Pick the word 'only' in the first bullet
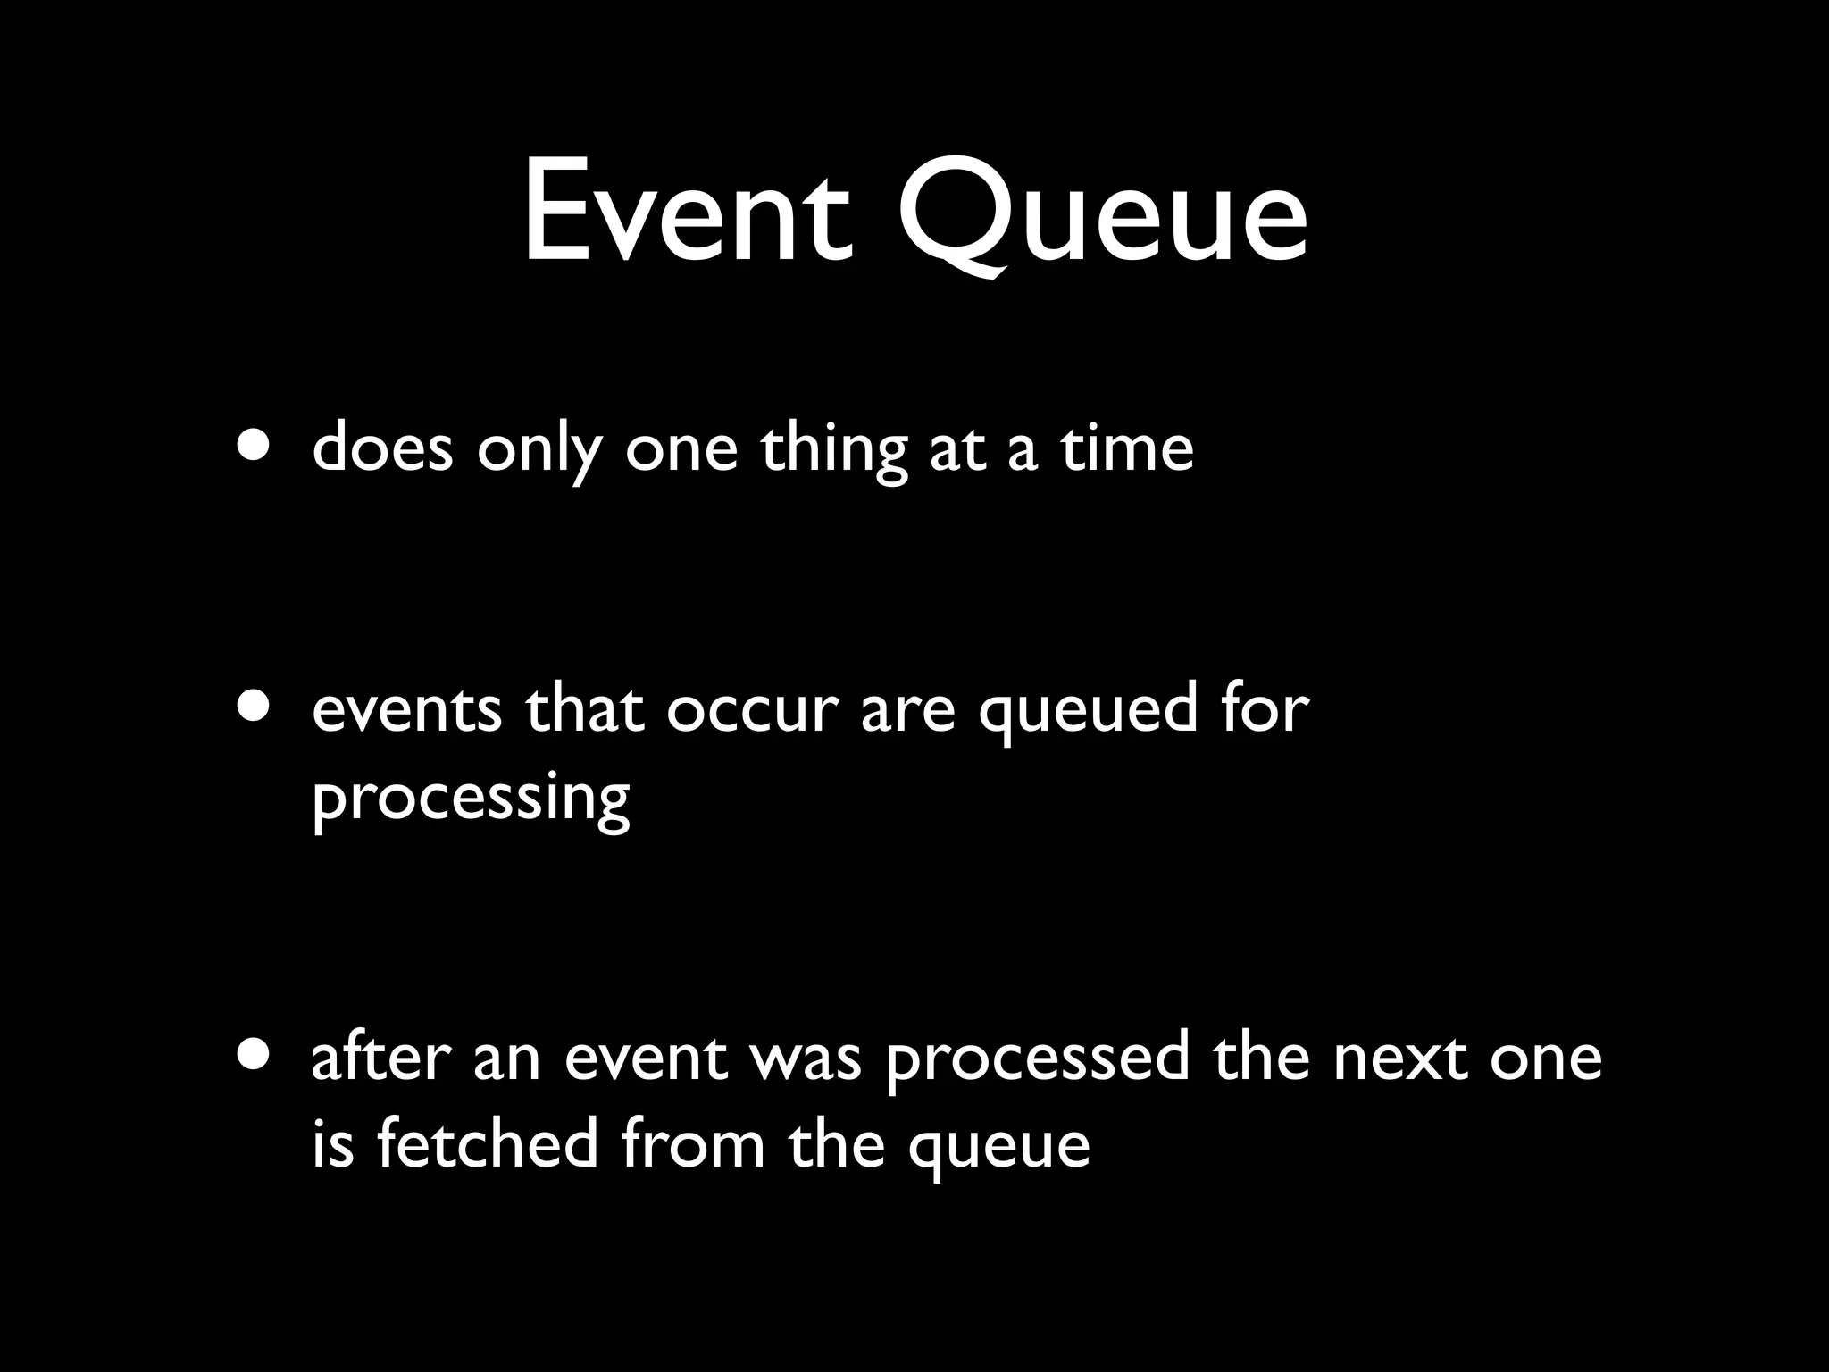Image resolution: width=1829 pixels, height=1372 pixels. (539, 451)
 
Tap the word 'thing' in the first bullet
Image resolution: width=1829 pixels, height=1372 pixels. (833, 451)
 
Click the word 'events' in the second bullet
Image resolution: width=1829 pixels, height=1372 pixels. (406, 710)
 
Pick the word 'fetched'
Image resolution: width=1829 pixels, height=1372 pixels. (487, 1143)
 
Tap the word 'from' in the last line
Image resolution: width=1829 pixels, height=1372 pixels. (692, 1143)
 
